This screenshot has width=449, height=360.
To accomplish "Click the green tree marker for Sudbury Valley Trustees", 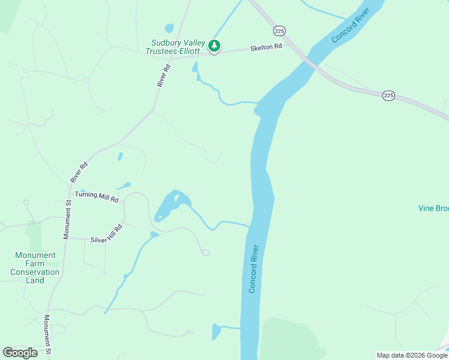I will (x=214, y=46).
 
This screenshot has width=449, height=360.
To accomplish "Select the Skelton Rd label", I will (x=267, y=47).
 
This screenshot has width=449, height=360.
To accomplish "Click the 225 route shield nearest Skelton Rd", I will (x=279, y=30).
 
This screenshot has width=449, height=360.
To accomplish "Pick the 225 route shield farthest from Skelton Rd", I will (x=388, y=95).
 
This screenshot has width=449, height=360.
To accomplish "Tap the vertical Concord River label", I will (x=254, y=268).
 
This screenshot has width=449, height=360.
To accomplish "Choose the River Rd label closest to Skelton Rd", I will (x=160, y=76).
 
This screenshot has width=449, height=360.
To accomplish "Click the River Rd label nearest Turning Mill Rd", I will (x=79, y=172).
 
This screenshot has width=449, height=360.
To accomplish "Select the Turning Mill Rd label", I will (x=97, y=197).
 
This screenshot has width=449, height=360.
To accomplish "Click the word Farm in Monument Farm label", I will (x=35, y=263).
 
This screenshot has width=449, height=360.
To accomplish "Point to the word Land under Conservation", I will (x=35, y=280).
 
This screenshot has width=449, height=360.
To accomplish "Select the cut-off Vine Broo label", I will (x=433, y=208).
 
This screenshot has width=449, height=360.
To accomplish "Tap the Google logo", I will (x=20, y=353).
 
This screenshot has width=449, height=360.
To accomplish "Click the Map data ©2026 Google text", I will (x=412, y=355).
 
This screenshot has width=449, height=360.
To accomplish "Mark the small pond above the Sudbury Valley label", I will (x=169, y=28).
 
